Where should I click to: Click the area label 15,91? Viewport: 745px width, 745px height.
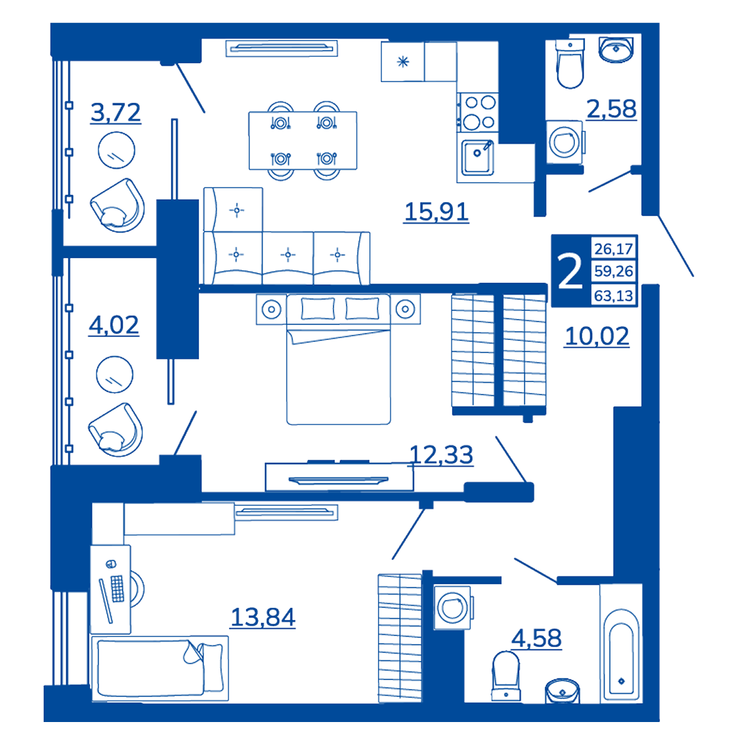[x=436, y=212]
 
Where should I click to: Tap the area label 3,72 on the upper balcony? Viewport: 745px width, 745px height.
[x=116, y=113]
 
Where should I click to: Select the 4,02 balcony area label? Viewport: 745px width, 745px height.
[x=114, y=326]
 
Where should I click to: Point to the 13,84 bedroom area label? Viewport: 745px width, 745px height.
[x=263, y=618]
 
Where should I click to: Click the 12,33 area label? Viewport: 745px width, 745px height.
[x=441, y=455]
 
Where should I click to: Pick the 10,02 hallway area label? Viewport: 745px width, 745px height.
[x=597, y=337]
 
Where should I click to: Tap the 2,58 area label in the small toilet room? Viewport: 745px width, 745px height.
[x=612, y=109]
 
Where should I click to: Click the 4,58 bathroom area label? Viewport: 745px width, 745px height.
[x=536, y=639]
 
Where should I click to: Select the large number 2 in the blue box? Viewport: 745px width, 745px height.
[x=570, y=271]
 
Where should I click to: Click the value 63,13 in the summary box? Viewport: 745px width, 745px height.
[x=613, y=296]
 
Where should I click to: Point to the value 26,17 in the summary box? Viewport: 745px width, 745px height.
[x=613, y=249]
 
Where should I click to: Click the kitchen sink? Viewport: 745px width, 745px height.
[x=477, y=157]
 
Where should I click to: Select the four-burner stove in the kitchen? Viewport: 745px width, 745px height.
[x=479, y=112]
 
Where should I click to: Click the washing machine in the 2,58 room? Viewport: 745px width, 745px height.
[x=565, y=142]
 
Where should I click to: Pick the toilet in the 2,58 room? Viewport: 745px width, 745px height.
[x=570, y=64]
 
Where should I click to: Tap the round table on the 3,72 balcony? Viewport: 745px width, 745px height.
[x=116, y=150]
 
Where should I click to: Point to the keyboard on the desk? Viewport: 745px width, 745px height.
[x=117, y=588]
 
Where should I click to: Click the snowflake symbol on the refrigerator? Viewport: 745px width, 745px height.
[x=403, y=62]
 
